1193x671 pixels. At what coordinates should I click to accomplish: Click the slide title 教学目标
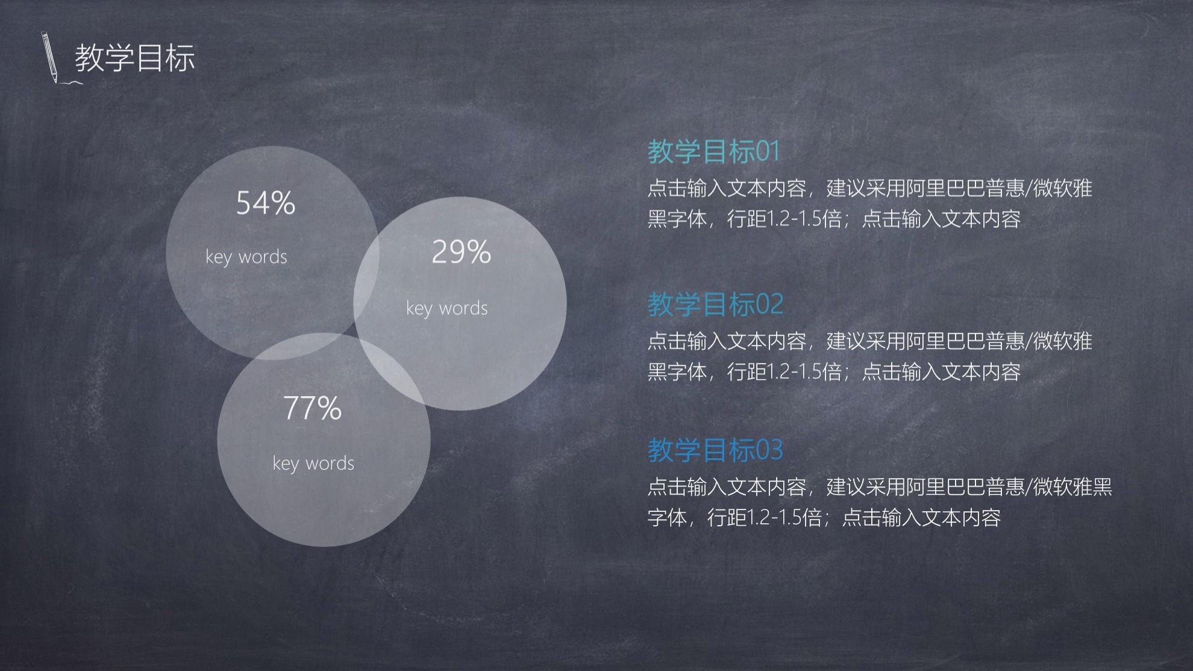[135, 58]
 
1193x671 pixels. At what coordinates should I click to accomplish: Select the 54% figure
[266, 203]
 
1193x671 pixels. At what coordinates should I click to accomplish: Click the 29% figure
[462, 252]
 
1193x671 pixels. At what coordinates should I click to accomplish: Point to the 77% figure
[312, 408]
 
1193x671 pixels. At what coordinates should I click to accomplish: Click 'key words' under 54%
[246, 257]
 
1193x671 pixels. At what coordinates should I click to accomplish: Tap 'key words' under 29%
[447, 308]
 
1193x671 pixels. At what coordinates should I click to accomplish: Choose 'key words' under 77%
[313, 463]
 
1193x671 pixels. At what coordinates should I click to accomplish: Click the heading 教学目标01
[714, 151]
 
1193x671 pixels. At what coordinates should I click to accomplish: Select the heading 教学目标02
[715, 304]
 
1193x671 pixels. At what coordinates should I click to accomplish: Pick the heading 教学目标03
[715, 450]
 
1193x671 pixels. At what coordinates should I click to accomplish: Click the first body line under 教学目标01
[869, 189]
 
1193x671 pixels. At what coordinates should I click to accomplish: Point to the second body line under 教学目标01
[834, 219]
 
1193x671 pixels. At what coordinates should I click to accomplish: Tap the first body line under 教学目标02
[869, 341]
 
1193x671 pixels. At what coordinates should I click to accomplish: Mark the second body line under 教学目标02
[834, 371]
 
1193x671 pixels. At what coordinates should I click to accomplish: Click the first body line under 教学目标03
[880, 487]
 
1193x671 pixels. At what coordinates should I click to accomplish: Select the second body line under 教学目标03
[824, 517]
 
